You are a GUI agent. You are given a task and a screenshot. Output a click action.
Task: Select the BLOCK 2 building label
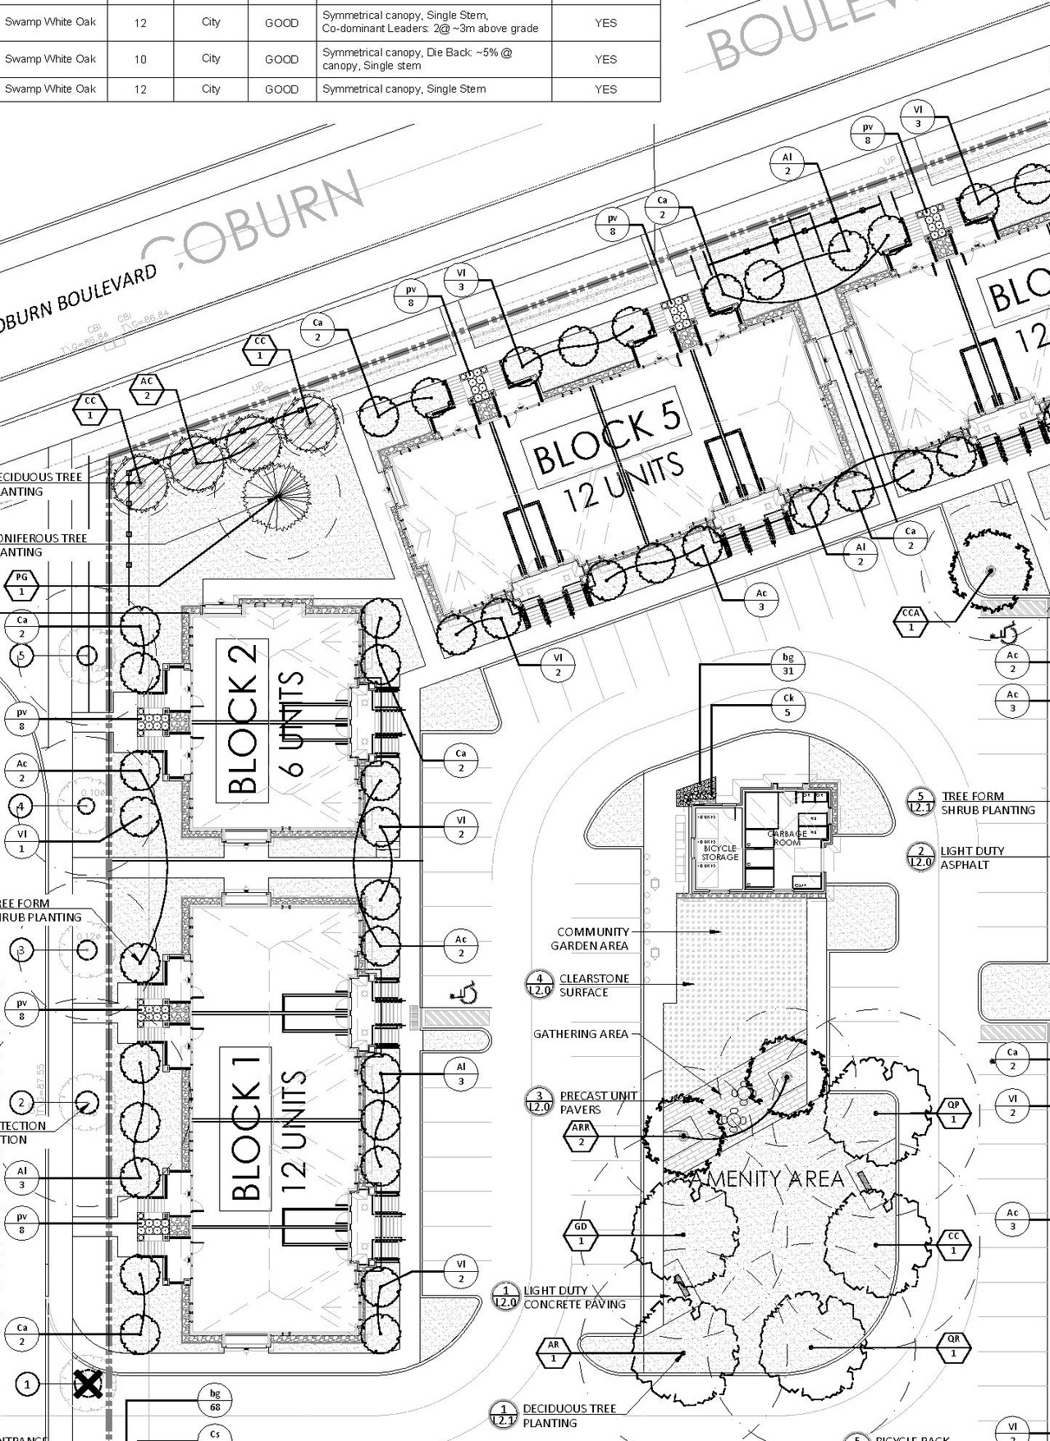[244, 720]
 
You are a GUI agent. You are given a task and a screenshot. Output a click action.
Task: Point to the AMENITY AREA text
[769, 1179]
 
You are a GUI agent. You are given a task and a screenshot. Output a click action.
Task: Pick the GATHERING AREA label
[581, 1034]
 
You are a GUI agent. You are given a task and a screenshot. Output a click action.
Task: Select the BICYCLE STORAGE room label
[719, 853]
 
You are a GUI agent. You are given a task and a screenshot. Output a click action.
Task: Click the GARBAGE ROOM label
[787, 838]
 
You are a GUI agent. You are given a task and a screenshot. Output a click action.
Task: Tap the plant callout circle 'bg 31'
[787, 664]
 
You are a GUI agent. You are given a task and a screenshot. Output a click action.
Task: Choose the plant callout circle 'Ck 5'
[787, 705]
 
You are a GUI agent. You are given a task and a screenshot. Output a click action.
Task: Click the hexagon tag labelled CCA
[911, 620]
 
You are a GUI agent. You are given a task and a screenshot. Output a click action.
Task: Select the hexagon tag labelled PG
[22, 584]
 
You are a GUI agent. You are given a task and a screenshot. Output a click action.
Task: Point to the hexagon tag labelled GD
[581, 1233]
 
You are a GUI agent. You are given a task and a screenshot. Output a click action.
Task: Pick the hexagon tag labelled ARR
[581, 1135]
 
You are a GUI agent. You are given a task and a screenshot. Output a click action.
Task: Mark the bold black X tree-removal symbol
[88, 1384]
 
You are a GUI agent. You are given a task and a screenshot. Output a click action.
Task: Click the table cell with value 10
[140, 59]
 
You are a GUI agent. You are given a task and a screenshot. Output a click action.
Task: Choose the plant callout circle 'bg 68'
[215, 1400]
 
